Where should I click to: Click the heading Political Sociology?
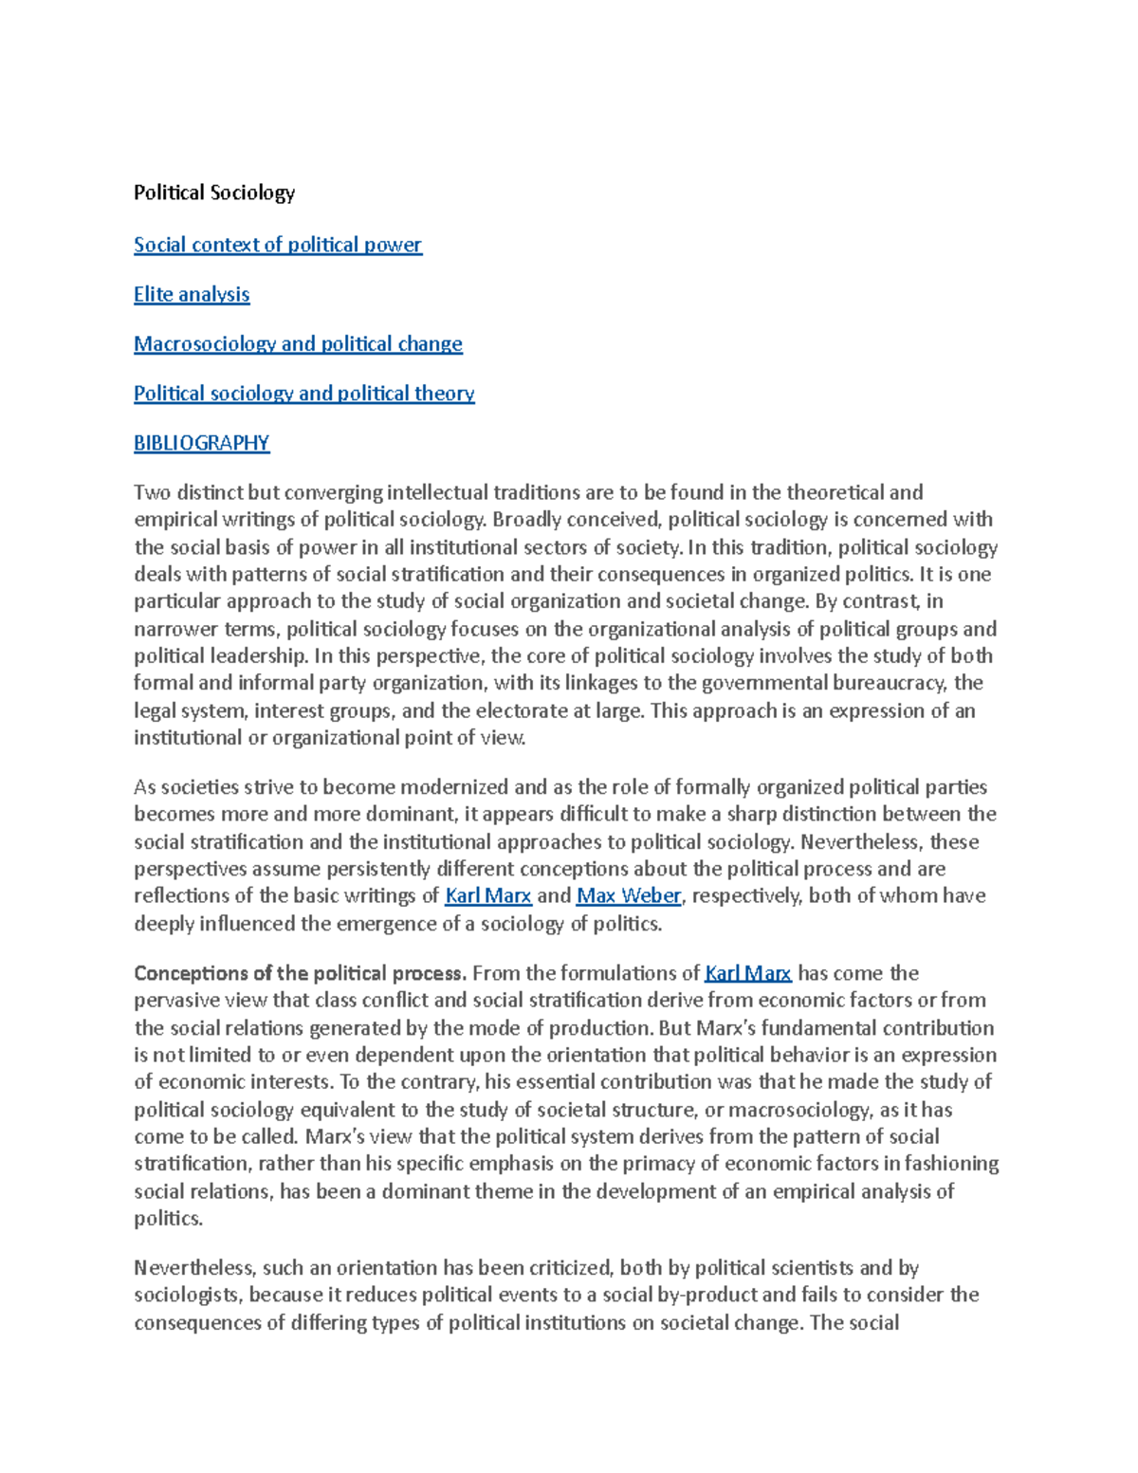pyautogui.click(x=214, y=193)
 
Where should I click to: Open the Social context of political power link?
pyautogui.click(x=277, y=245)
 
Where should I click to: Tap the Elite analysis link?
pyautogui.click(x=192, y=294)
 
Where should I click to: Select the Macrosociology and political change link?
pyautogui.click(x=298, y=343)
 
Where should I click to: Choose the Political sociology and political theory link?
pyautogui.click(x=303, y=393)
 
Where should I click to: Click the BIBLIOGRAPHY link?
pyautogui.click(x=201, y=442)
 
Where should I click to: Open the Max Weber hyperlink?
pyautogui.click(x=629, y=895)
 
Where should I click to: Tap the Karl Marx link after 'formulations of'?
pyautogui.click(x=748, y=973)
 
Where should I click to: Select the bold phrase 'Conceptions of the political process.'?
pyautogui.click(x=300, y=973)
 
